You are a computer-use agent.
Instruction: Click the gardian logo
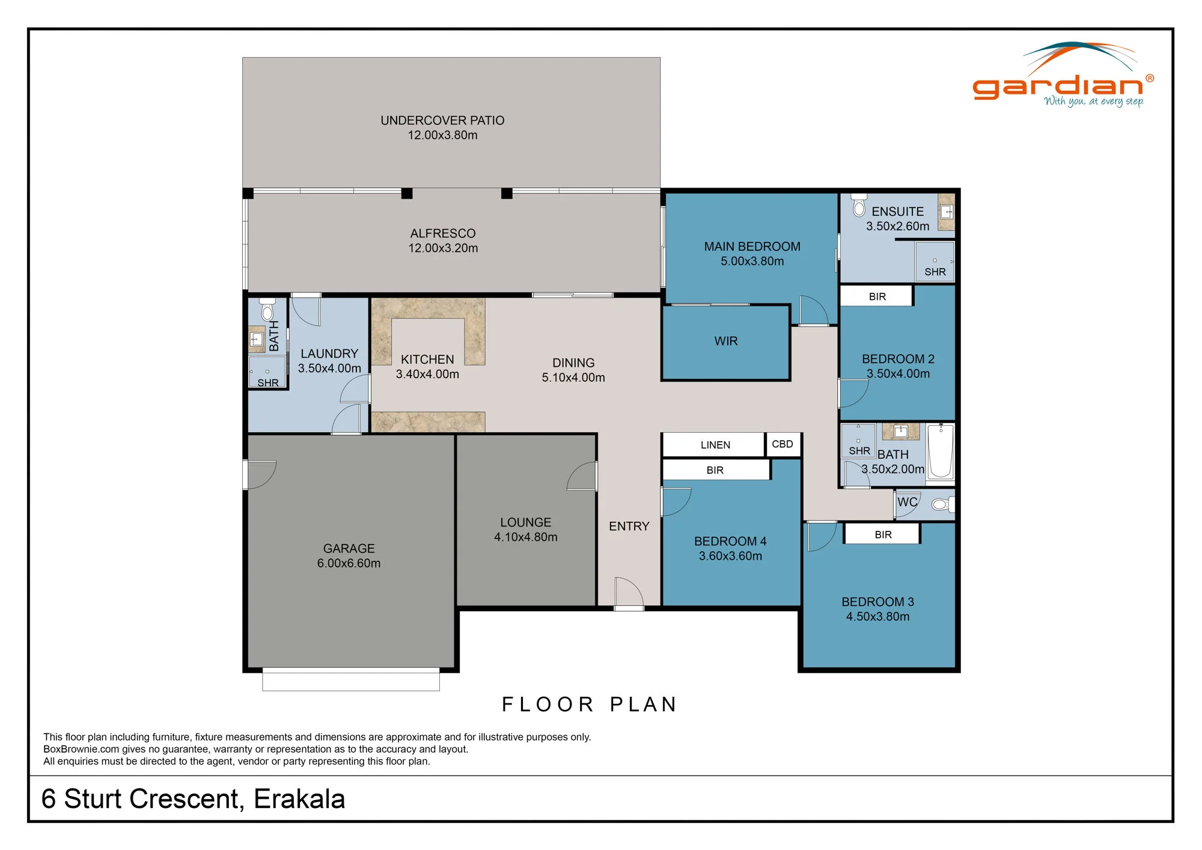pos(1063,75)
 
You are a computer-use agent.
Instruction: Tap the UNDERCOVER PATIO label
pos(442,120)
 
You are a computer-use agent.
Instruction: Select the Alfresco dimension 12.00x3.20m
pos(443,248)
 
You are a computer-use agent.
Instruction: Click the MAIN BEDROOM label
pos(752,246)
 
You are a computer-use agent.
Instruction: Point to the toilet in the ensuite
pos(859,205)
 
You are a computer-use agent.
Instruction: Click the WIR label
pos(725,341)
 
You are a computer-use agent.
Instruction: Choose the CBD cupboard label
pos(783,444)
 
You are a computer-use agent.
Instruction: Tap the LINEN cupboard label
pos(715,445)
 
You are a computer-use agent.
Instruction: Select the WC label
pos(908,502)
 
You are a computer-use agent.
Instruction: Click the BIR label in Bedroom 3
pos(883,534)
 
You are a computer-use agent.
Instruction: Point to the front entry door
pos(629,593)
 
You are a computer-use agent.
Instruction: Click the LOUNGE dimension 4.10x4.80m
pos(526,537)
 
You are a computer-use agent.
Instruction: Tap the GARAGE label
pos(349,548)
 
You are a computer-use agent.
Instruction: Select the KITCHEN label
pos(427,359)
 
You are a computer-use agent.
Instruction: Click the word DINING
pos(573,363)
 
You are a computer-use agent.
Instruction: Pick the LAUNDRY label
pos(329,353)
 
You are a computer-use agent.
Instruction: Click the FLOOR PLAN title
pos(590,704)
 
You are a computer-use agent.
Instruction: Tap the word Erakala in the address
pos(299,799)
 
